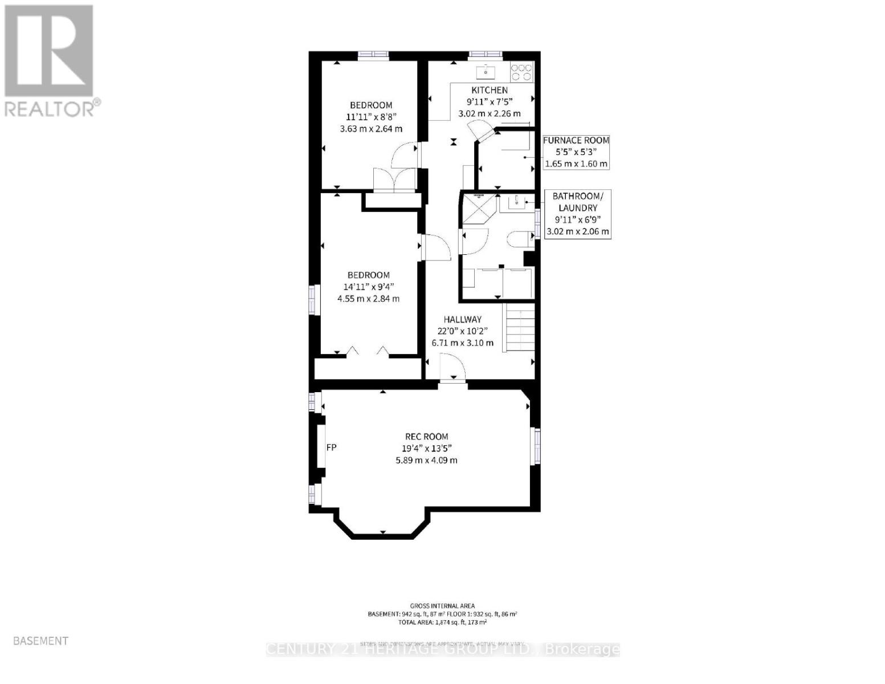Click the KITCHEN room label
(489, 90)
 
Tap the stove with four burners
(521, 71)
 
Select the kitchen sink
(486, 72)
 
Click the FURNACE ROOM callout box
(576, 152)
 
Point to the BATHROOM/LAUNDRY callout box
(577, 214)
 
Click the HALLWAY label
(463, 320)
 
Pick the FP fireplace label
(331, 447)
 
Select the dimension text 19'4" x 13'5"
(426, 449)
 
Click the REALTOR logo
(49, 60)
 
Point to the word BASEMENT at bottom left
(40, 641)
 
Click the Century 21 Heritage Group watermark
(443, 649)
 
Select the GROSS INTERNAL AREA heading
(442, 606)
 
